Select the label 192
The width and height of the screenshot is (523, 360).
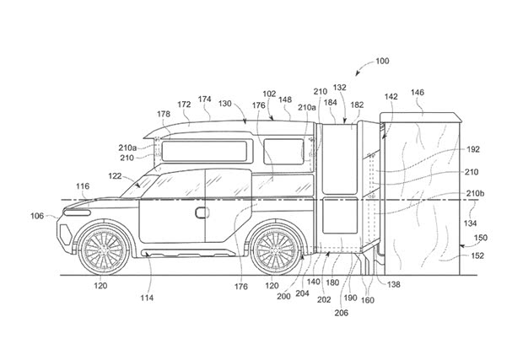coord(472,149)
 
